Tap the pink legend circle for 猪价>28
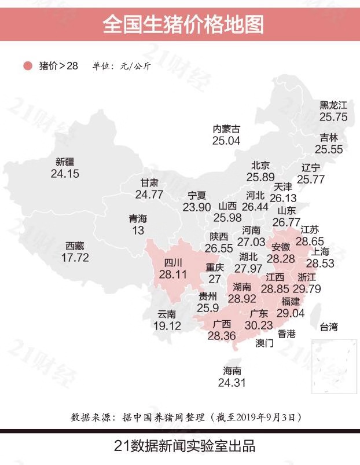pyautogui.click(x=27, y=66)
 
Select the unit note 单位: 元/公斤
pyautogui.click(x=121, y=66)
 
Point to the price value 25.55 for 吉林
pyautogui.click(x=329, y=149)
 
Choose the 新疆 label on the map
pyautogui.click(x=65, y=162)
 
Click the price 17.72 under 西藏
pyautogui.click(x=75, y=257)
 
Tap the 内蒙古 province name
pyautogui.click(x=226, y=129)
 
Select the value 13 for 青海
pyautogui.click(x=138, y=230)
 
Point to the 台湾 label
pyautogui.click(x=329, y=328)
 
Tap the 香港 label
pyautogui.click(x=286, y=334)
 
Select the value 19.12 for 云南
pyautogui.click(x=167, y=325)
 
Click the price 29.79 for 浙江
pyautogui.click(x=307, y=288)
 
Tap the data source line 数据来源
pyautogui.click(x=186, y=416)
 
